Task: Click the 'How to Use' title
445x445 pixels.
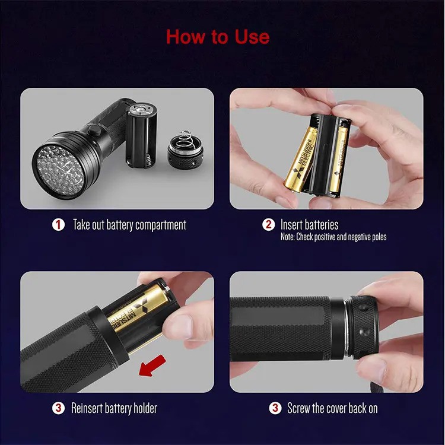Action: pyautogui.click(x=218, y=37)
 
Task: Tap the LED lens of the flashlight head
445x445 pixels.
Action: pyautogui.click(x=59, y=164)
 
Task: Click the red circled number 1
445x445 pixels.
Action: pyautogui.click(x=58, y=225)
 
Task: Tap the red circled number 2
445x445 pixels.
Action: pyautogui.click(x=268, y=225)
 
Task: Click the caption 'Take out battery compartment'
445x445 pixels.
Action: pyautogui.click(x=129, y=225)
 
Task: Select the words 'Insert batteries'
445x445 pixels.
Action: pyautogui.click(x=309, y=224)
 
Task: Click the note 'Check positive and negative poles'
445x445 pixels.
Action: pyautogui.click(x=333, y=237)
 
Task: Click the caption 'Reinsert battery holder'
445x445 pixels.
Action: pyautogui.click(x=114, y=408)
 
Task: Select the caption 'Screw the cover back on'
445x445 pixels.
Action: pyautogui.click(x=332, y=408)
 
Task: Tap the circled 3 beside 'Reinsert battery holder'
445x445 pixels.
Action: pyautogui.click(x=58, y=408)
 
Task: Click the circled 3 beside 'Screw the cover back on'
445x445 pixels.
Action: pyautogui.click(x=275, y=408)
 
